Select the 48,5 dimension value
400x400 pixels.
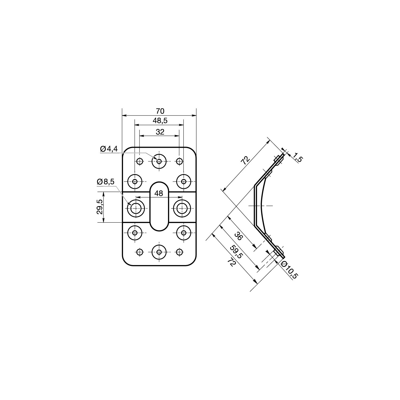tap(160, 121)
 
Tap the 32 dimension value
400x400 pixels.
tap(160, 132)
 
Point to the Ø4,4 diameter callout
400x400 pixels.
tap(109, 149)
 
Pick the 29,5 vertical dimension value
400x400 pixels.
tap(99, 207)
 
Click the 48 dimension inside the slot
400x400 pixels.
tap(159, 193)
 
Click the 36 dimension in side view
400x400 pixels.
tap(238, 236)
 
